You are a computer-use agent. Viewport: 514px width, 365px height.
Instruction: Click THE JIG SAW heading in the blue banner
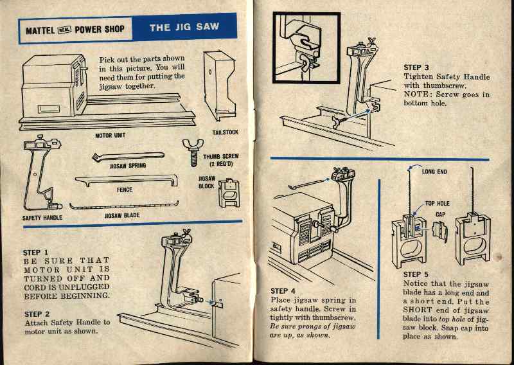[184, 28]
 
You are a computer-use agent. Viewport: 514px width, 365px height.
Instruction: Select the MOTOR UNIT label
[111, 136]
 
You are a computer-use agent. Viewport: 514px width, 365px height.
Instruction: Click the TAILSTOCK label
[226, 132]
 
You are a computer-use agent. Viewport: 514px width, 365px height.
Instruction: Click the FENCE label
[124, 190]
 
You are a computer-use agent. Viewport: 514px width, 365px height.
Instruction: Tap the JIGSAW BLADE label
[122, 216]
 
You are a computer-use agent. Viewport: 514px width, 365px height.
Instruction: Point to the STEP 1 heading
[36, 253]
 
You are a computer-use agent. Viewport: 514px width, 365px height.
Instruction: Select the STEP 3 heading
[416, 67]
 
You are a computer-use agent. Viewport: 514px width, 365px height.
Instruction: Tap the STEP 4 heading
[284, 291]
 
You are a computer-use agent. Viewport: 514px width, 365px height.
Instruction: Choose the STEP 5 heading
[416, 274]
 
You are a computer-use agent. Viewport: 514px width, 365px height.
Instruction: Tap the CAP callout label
[440, 214]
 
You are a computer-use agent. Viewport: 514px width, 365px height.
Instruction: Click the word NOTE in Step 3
[417, 94]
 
